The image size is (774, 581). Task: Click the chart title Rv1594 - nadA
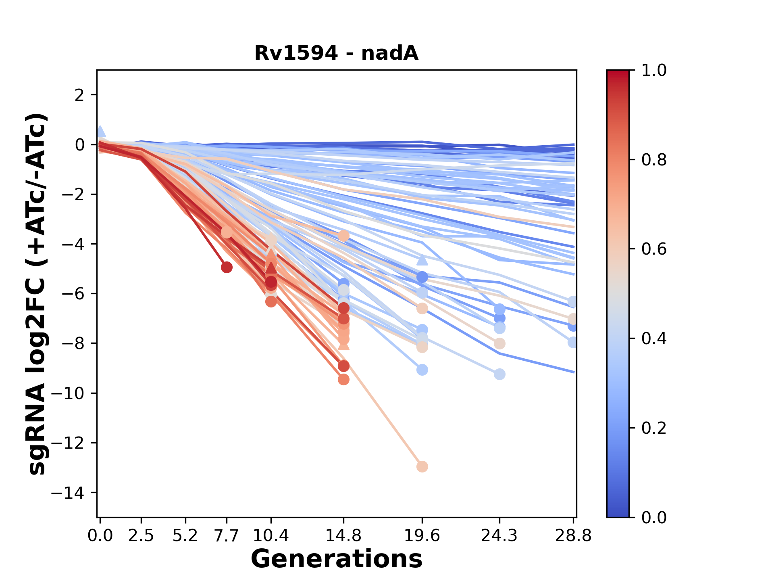pos(336,53)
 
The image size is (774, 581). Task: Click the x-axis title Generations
pos(336,559)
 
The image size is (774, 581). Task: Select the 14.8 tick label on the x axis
pos(343,536)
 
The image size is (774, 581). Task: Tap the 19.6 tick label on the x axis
pos(422,536)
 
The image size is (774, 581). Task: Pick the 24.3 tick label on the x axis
pos(499,536)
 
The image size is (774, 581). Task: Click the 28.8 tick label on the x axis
pos(573,536)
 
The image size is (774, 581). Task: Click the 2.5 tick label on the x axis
pos(141,536)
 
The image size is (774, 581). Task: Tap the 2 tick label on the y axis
pos(80,95)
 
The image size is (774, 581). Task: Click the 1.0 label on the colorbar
pos(654,71)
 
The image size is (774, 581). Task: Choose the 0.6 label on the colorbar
pos(654,249)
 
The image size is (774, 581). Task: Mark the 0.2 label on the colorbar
pos(654,428)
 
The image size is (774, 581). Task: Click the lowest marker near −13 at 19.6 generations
pos(422,466)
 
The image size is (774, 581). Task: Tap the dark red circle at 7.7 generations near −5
pos(227,267)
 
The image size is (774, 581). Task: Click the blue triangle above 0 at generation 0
pos(101,132)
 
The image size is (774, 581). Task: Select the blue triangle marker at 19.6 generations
pos(422,259)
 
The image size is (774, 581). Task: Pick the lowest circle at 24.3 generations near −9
pos(499,374)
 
